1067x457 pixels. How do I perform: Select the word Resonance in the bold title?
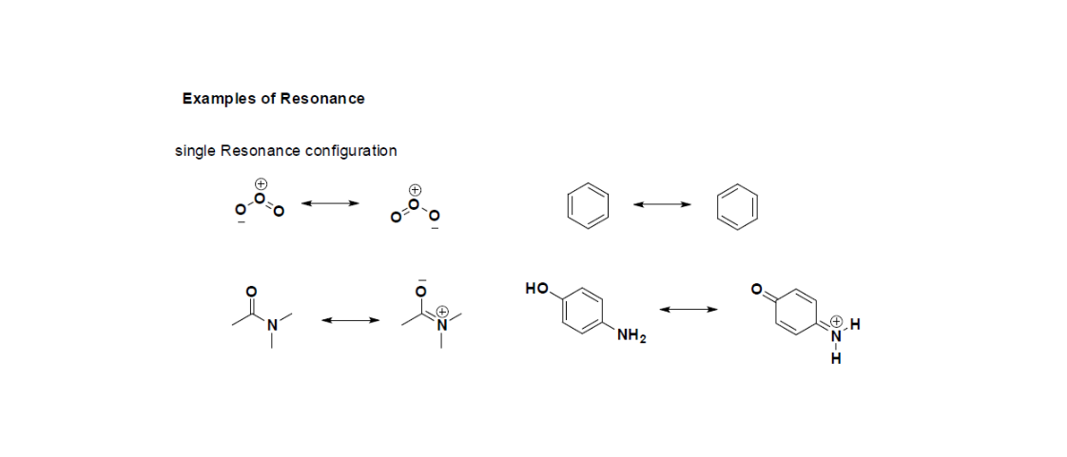[322, 99]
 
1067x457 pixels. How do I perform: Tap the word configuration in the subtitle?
[350, 151]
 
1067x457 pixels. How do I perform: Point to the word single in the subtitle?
[195, 151]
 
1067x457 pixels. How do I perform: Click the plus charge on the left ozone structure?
[260, 183]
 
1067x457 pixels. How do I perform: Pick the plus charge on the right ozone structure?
[414, 189]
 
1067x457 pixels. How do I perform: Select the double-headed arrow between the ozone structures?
[329, 202]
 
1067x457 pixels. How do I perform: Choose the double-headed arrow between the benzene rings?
[662, 204]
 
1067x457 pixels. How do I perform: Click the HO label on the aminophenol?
[535, 286]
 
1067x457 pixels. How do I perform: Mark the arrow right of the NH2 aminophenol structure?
[687, 309]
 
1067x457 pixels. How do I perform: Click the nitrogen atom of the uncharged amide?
[271, 325]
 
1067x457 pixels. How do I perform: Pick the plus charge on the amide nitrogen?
[442, 311]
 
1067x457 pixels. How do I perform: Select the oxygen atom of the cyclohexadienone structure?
[758, 289]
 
